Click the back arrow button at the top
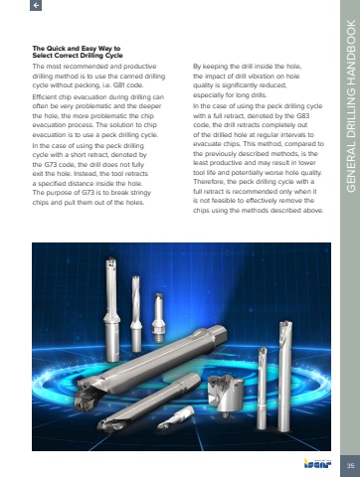pos(36,5)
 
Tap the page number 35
pos(350,465)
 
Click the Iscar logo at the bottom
pos(317,463)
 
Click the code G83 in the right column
pos(303,116)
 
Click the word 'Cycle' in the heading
pos(114,56)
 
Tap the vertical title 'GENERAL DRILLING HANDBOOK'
pos(351,106)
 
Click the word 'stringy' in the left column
pos(139,193)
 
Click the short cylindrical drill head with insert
pos(226,395)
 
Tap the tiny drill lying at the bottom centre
pos(175,417)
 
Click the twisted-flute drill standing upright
pos(136,313)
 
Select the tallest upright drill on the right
pos(284,376)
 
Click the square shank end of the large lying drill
pos(218,335)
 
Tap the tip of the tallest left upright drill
pos(110,262)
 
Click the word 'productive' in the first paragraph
pos(141,67)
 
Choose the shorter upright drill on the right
pos(263,388)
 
